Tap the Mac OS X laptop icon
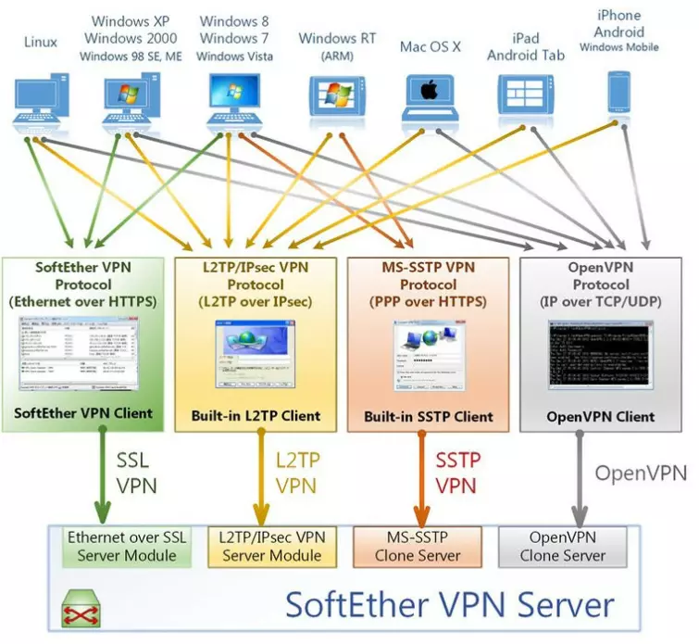(x=430, y=100)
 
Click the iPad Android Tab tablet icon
(x=525, y=98)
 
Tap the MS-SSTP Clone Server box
(x=418, y=546)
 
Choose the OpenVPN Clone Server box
(x=567, y=546)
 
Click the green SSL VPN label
(x=137, y=473)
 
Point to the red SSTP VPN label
(x=455, y=473)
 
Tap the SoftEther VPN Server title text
(x=449, y=605)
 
